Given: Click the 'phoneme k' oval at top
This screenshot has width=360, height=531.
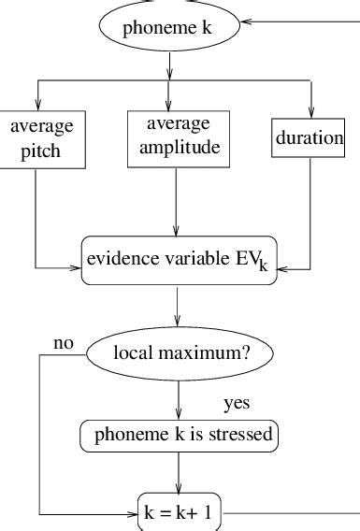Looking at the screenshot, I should [169, 27].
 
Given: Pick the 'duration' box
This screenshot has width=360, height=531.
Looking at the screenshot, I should [310, 138].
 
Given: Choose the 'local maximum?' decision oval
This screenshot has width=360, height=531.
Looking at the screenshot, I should [180, 354].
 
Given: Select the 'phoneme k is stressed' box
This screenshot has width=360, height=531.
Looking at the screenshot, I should [180, 435].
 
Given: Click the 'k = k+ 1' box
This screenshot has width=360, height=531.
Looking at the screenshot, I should [180, 512].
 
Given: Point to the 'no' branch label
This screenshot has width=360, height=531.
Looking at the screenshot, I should [64, 342].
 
